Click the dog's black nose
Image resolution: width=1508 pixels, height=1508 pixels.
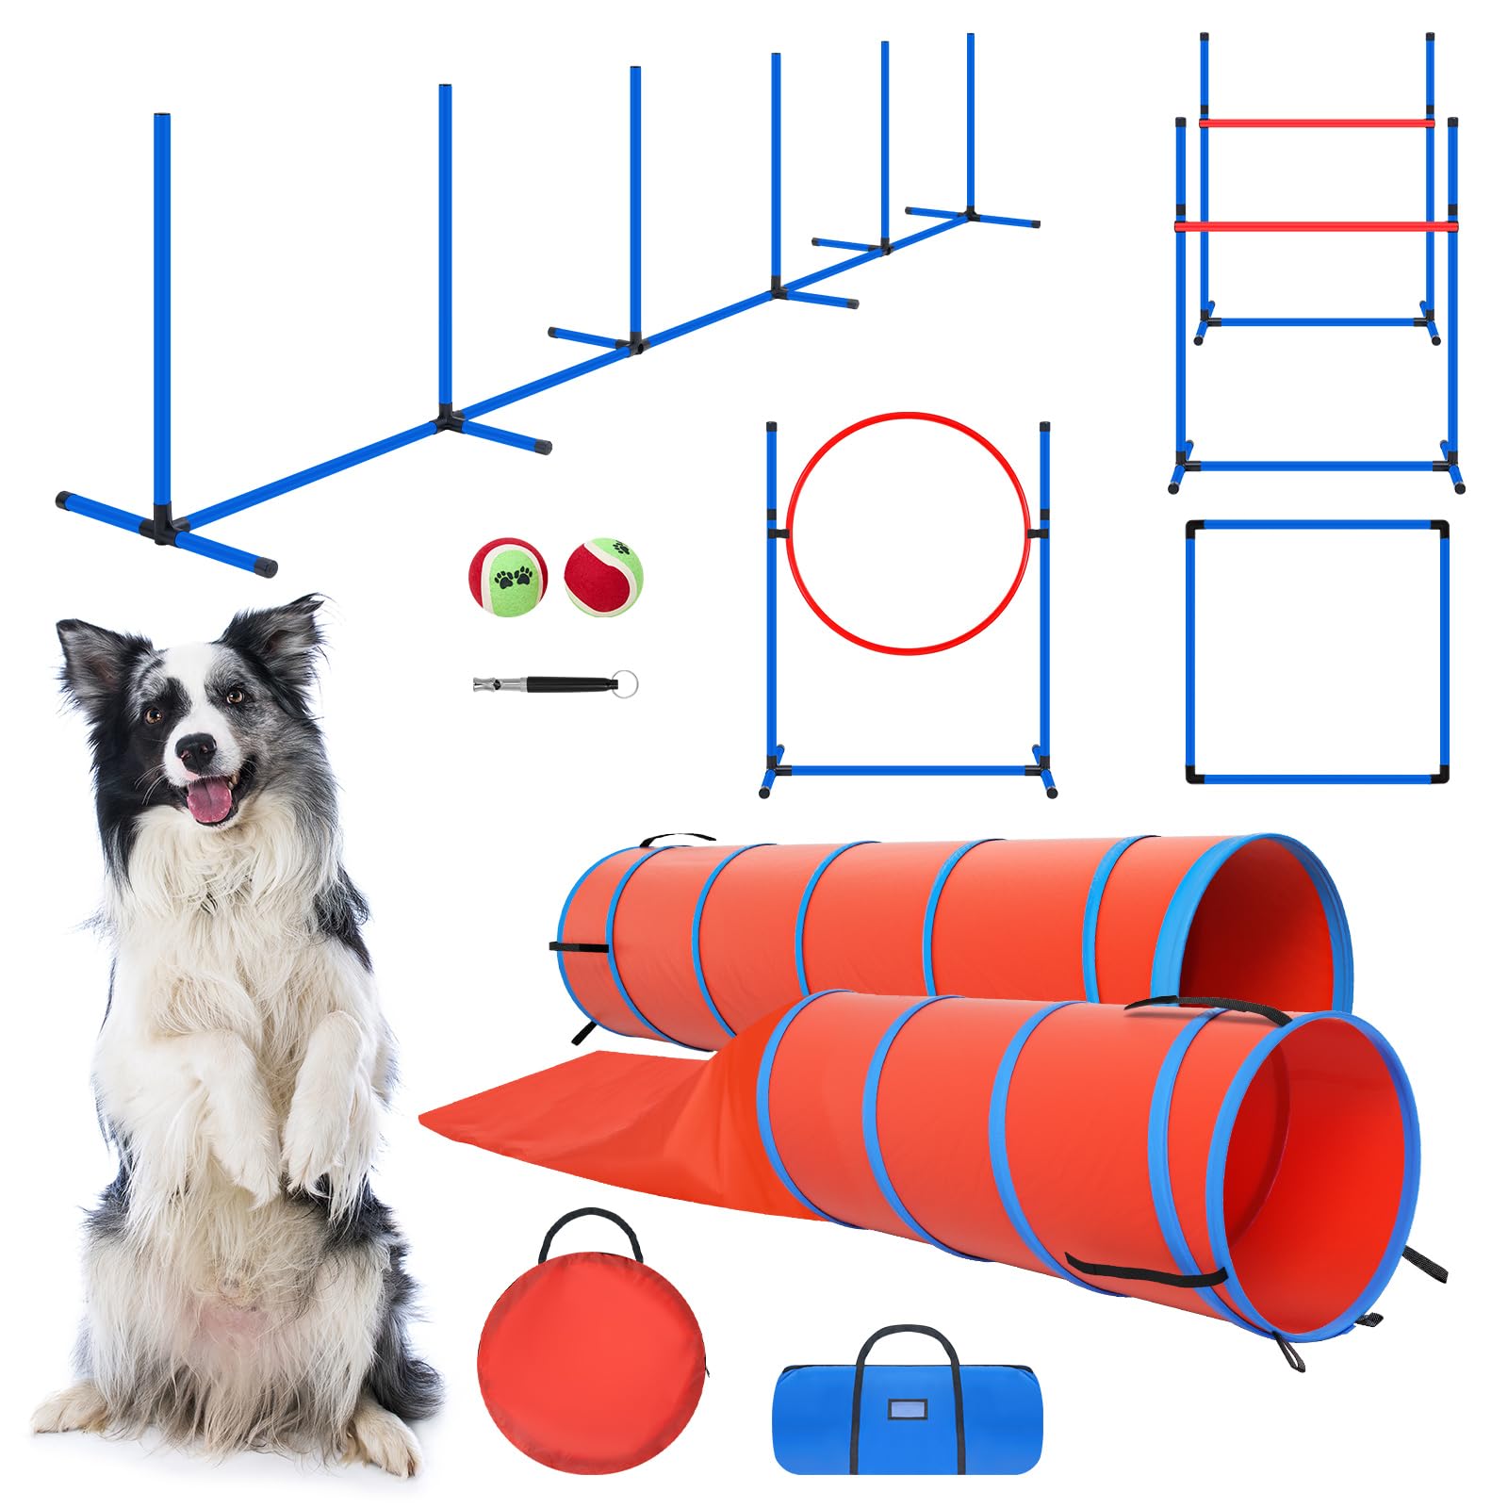tap(197, 750)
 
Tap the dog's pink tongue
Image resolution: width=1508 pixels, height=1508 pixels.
tap(210, 802)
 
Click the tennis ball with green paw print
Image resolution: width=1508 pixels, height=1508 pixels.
tap(508, 577)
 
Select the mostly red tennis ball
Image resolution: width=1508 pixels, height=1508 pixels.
tap(603, 576)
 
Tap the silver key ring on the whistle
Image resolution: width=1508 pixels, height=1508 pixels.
tap(623, 682)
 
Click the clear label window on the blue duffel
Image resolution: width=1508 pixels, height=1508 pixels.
tap(907, 1410)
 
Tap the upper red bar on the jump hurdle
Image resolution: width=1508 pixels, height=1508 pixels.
tap(1316, 123)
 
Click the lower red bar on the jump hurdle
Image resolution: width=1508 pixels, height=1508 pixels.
tap(1316, 225)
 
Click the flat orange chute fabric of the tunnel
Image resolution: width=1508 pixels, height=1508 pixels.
tap(584, 1112)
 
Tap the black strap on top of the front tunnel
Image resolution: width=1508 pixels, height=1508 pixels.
tap(1206, 1006)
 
